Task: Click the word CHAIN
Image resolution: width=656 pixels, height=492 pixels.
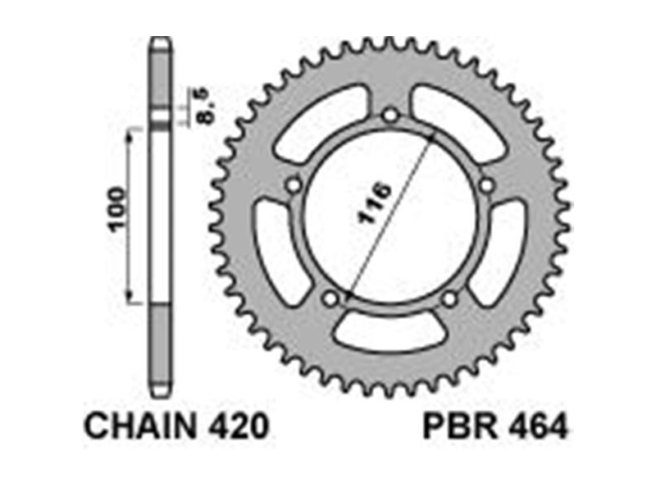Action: (140, 426)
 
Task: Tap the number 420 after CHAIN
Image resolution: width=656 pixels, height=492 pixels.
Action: (236, 426)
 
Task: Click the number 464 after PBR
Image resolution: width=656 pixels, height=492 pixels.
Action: (538, 426)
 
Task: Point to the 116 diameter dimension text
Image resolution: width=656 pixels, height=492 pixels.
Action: (374, 203)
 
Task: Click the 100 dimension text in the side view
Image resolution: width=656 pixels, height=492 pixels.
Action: (116, 209)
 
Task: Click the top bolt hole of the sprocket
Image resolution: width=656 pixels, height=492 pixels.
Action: (390, 114)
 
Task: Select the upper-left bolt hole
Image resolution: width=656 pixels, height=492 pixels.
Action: (294, 184)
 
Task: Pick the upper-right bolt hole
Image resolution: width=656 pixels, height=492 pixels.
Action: (486, 184)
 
